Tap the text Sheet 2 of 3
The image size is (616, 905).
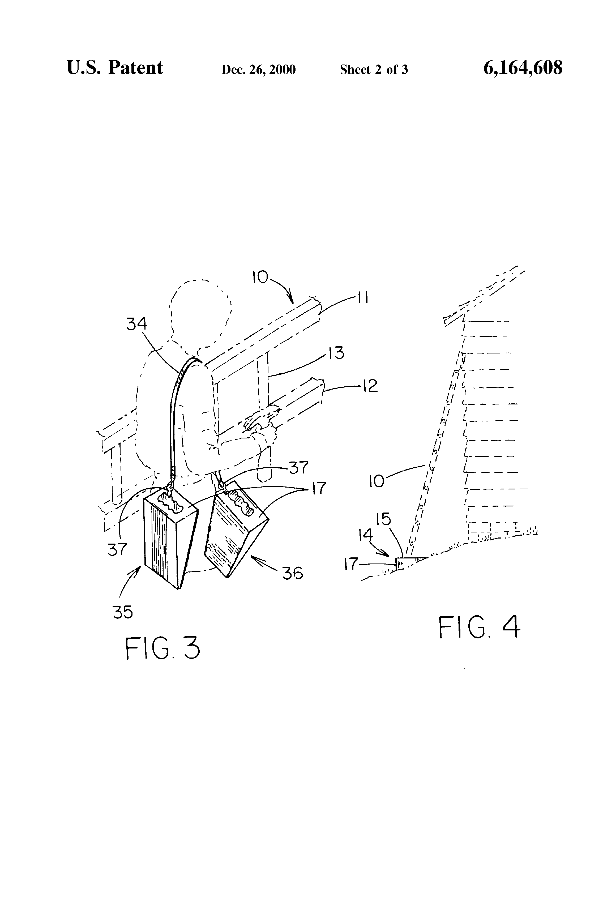click(x=374, y=70)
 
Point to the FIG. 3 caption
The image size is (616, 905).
click(x=162, y=648)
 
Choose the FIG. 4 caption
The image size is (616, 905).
click(x=479, y=627)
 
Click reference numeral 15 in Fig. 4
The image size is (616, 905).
click(x=384, y=519)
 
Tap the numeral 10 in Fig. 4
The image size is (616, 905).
click(x=377, y=481)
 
